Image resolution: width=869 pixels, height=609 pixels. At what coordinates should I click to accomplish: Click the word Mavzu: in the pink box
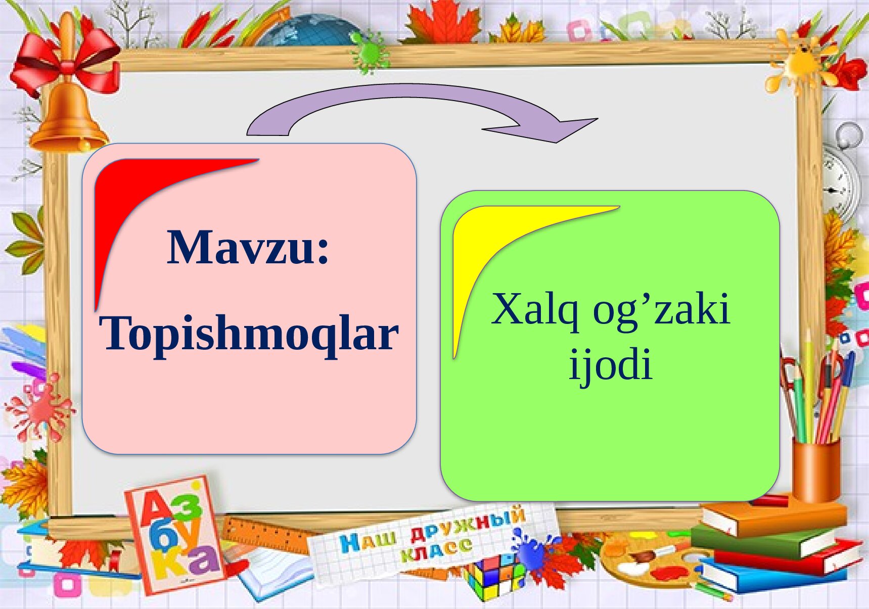tap(248, 247)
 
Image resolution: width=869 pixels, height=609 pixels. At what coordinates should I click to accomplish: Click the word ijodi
tap(611, 364)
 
